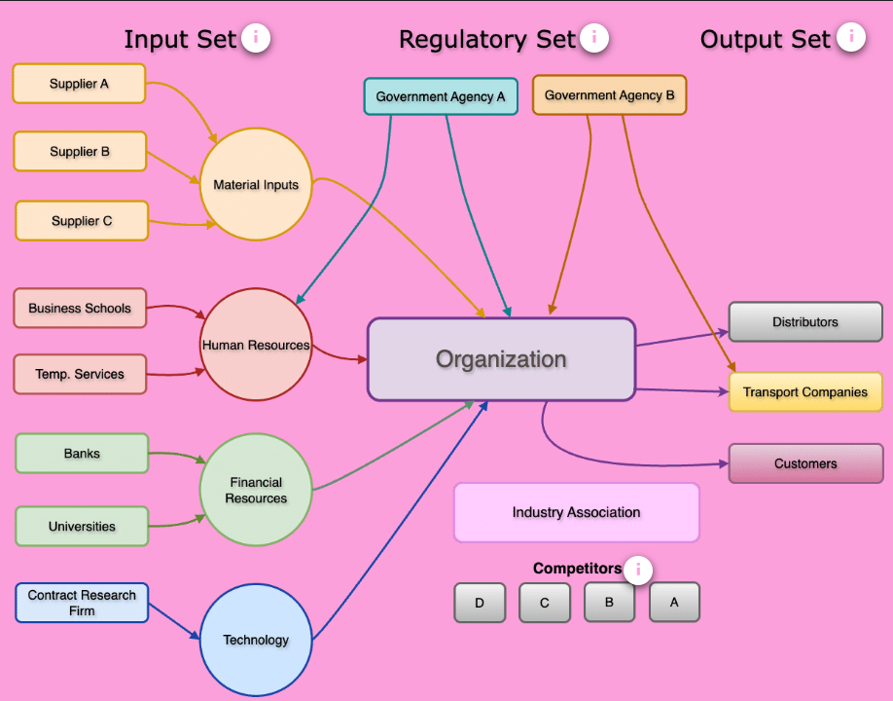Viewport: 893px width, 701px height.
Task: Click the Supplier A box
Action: (x=79, y=84)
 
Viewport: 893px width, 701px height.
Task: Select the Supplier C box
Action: (x=82, y=221)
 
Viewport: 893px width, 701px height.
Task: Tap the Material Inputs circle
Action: (x=256, y=184)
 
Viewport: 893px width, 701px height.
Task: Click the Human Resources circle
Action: (x=256, y=345)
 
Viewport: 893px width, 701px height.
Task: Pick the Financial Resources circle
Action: (x=256, y=490)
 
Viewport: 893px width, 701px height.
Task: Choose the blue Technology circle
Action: (x=256, y=640)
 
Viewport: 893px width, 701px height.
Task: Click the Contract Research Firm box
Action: (x=82, y=603)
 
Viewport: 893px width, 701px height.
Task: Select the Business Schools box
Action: (x=80, y=308)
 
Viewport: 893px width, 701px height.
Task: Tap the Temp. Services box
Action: (x=80, y=374)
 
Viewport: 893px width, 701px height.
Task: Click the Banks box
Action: (x=82, y=454)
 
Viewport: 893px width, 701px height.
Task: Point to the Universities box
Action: (x=82, y=527)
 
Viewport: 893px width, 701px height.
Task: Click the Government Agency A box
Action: (x=441, y=96)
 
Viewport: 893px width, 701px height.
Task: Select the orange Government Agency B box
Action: (x=609, y=95)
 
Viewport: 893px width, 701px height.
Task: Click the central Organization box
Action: (x=501, y=359)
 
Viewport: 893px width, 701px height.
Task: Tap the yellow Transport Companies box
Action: (x=805, y=392)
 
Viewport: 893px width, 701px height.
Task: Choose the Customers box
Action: (x=805, y=463)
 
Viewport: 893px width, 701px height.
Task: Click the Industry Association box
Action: (x=576, y=512)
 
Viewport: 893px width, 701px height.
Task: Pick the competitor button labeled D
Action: (x=480, y=603)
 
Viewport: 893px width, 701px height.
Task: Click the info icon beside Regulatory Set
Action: (x=594, y=38)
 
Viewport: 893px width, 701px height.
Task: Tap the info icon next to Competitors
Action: (x=638, y=570)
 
